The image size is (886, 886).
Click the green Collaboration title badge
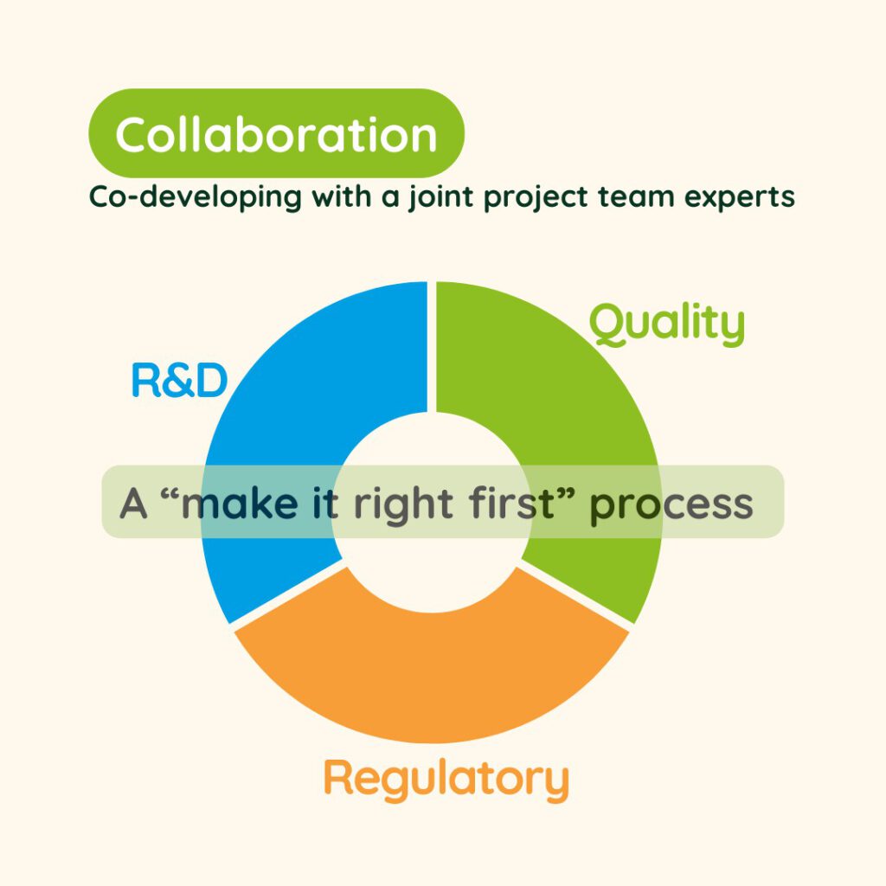(x=277, y=134)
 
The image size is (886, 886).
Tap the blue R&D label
(x=178, y=382)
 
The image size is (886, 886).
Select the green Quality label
(x=666, y=324)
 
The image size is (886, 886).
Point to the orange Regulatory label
(x=446, y=778)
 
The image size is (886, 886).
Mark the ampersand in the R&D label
(x=178, y=382)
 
